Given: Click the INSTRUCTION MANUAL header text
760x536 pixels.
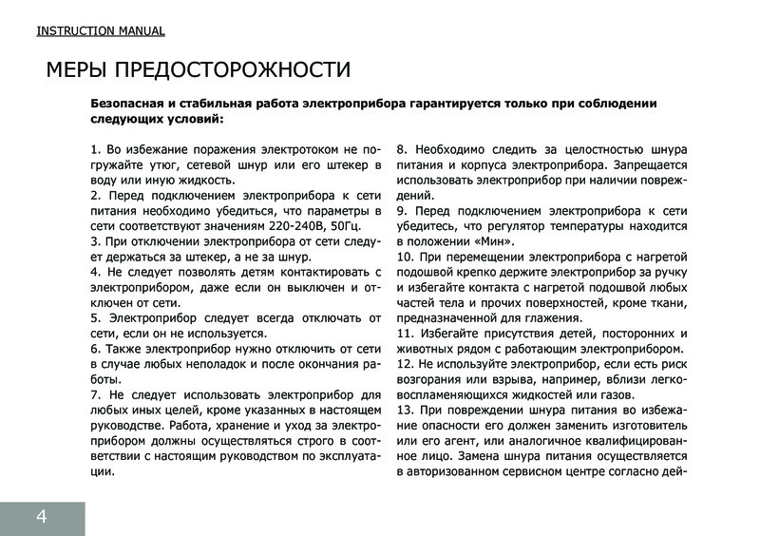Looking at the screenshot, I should [x=101, y=30].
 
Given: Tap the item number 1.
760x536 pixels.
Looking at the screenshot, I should [x=94, y=149].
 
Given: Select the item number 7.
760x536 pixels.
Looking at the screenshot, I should [x=94, y=393].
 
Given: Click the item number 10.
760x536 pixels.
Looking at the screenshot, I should [x=403, y=258].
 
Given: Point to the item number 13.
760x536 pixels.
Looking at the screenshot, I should [x=403, y=409].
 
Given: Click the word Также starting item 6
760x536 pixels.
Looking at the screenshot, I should [x=132, y=348].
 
